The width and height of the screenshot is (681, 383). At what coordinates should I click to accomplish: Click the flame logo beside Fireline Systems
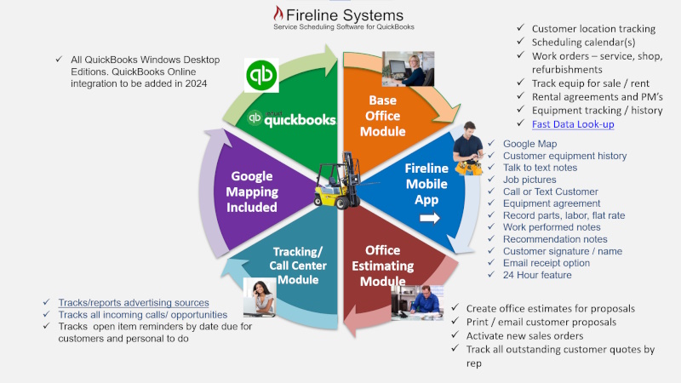click(278, 14)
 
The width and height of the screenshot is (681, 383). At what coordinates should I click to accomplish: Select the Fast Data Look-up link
click(572, 124)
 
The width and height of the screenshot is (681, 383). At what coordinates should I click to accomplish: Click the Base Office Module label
click(382, 116)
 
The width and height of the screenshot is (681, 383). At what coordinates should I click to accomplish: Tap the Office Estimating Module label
click(382, 266)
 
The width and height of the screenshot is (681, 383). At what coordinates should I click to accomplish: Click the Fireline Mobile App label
click(426, 183)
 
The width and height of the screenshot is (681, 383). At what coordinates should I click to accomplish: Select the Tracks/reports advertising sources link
click(134, 303)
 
